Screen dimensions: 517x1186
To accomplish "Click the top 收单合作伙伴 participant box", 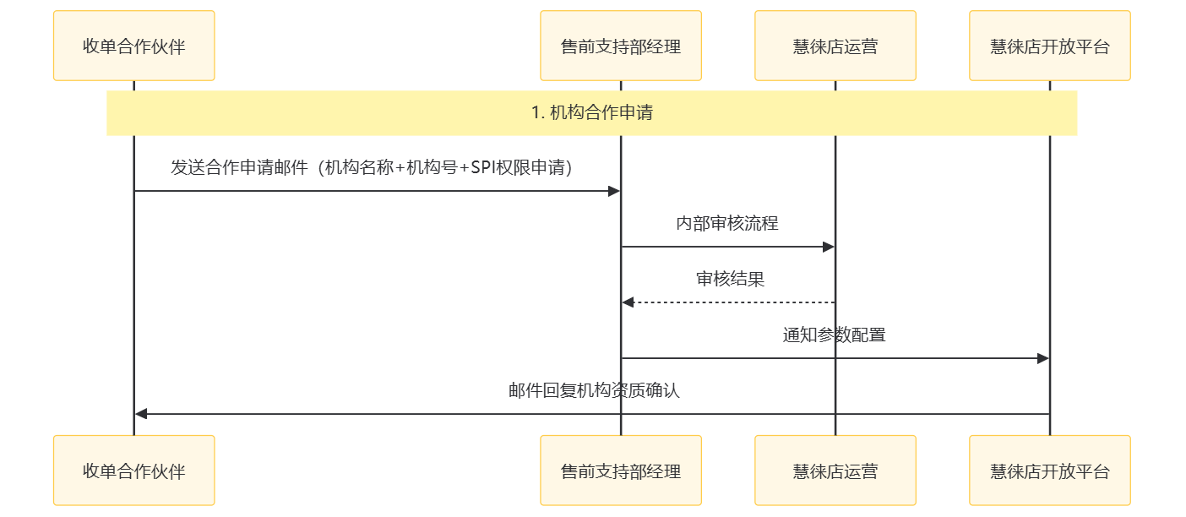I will point(133,46).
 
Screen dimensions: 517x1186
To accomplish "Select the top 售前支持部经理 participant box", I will point(620,46).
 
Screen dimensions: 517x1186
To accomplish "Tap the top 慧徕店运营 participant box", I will point(835,46).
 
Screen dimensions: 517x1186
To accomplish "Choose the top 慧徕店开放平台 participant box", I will point(1049,46).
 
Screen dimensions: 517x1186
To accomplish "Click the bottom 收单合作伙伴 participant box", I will point(133,471).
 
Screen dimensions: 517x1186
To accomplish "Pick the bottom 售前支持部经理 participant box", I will point(620,471).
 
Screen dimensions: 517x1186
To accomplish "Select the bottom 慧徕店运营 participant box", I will point(835,471).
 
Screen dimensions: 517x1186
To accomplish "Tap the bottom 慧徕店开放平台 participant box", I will point(1049,471).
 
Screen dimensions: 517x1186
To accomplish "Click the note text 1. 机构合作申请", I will point(591,112).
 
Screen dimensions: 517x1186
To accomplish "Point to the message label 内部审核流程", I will point(727,224).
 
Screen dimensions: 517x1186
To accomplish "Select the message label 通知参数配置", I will point(834,335).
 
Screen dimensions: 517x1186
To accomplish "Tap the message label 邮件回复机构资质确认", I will point(594,391).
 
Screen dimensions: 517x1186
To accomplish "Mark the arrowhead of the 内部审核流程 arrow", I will point(829,247).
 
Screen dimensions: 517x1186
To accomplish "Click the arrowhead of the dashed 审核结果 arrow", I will point(628,302).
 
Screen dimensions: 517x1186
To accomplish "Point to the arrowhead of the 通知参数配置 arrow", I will point(1043,358).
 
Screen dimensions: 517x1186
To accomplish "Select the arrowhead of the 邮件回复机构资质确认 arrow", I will point(141,414).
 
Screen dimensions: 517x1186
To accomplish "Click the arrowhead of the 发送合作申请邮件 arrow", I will point(614,191).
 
